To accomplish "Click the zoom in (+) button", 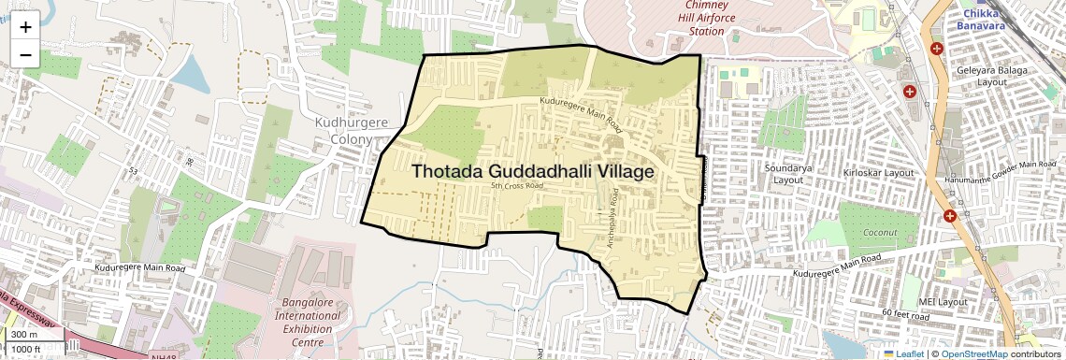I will tap(25, 27).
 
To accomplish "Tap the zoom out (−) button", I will tap(25, 55).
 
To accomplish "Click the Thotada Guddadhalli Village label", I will tap(532, 172).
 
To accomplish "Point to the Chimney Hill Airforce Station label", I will tap(706, 18).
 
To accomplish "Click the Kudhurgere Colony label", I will tap(351, 131).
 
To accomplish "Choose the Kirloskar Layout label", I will tap(877, 173).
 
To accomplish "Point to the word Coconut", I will tap(880, 233).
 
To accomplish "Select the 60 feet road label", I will tap(905, 316).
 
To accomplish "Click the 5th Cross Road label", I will tap(517, 186).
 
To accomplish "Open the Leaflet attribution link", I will tap(903, 353).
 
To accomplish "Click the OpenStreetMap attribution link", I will tap(973, 353).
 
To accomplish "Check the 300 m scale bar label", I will tap(24, 335).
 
